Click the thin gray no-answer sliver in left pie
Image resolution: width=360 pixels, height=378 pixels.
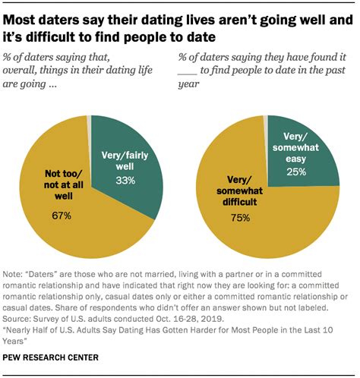(89, 120)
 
